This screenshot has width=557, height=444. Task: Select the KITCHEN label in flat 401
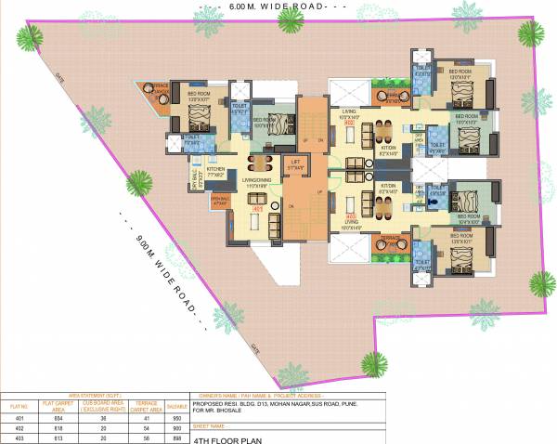[x=216, y=171]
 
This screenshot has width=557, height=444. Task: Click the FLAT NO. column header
[x=18, y=405]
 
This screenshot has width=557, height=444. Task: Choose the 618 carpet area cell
[x=53, y=427]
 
